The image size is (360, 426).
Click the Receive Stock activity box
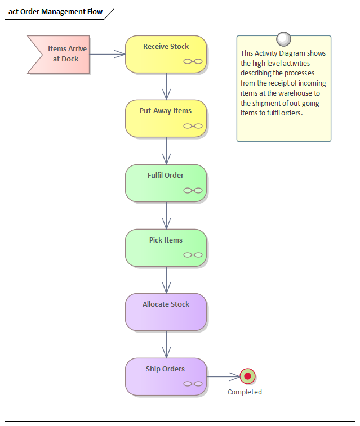tap(166, 54)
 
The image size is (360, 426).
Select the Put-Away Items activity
tap(166, 118)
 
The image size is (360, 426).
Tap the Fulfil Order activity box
tap(166, 183)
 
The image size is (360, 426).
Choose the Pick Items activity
tap(166, 247)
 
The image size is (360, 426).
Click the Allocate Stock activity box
tap(166, 312)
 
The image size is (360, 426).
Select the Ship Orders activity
tap(166, 376)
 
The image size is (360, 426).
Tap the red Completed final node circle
tap(247, 376)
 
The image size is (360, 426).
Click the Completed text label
tap(245, 392)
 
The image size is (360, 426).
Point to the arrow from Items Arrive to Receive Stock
tap(107, 54)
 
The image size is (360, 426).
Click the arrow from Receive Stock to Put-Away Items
tap(166, 87)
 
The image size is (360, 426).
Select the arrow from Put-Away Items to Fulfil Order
tap(166, 151)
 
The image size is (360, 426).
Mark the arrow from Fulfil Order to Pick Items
tap(166, 216)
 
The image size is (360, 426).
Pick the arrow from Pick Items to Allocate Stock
tap(166, 280)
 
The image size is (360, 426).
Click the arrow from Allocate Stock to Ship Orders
tap(166, 344)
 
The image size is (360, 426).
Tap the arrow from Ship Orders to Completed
tap(223, 376)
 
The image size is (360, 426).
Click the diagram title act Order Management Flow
tap(56, 12)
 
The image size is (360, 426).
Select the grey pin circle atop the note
tap(284, 39)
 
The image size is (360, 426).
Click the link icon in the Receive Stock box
tap(193, 61)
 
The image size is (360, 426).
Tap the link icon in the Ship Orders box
tap(193, 384)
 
